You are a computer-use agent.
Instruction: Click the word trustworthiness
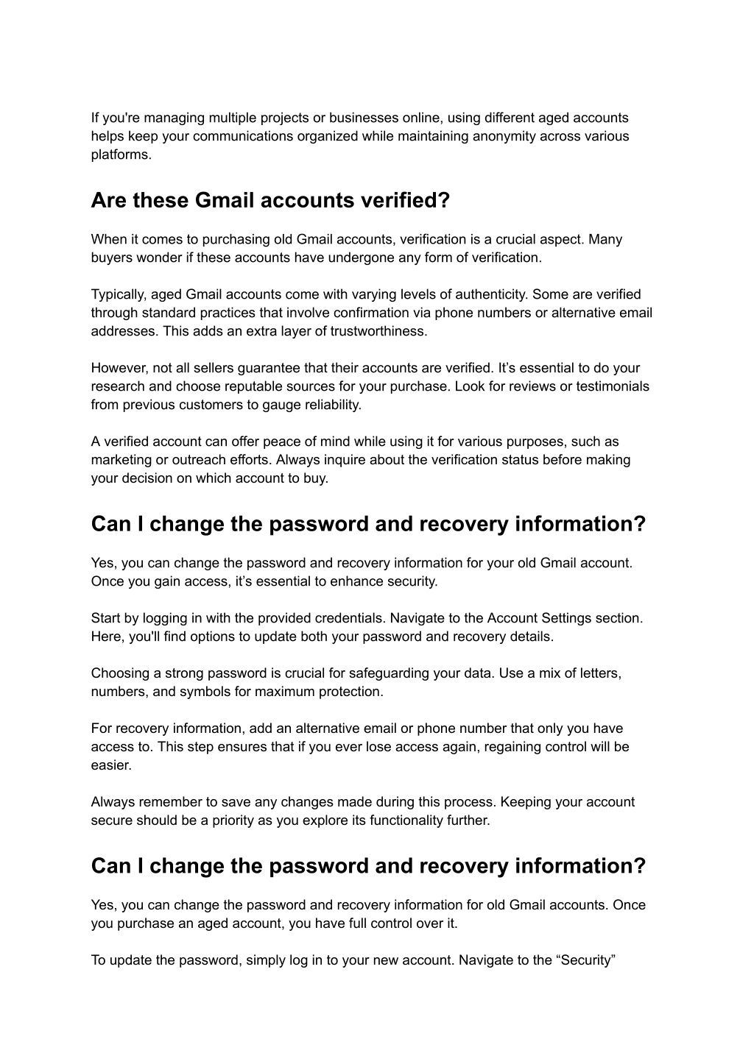click(x=378, y=331)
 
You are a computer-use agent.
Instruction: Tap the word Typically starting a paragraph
click(x=118, y=294)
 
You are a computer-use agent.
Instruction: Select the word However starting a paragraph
click(x=118, y=368)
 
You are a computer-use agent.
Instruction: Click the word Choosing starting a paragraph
click(x=119, y=673)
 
